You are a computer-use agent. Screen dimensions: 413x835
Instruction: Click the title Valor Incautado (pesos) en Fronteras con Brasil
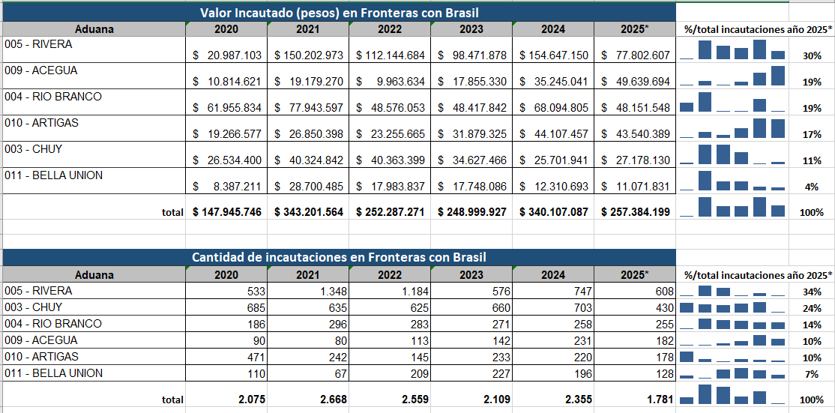pyautogui.click(x=339, y=13)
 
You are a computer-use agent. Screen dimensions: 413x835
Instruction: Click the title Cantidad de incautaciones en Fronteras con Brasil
pyautogui.click(x=339, y=257)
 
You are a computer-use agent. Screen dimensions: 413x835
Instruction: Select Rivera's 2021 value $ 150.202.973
pyautogui.click(x=309, y=55)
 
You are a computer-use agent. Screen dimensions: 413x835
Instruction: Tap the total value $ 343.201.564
pyautogui.click(x=309, y=212)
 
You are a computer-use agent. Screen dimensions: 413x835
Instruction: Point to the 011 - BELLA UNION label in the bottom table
pyautogui.click(x=53, y=373)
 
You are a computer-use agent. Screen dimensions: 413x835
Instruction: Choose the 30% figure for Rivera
pyautogui.click(x=812, y=56)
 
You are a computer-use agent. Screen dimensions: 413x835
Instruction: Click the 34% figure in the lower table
pyautogui.click(x=812, y=292)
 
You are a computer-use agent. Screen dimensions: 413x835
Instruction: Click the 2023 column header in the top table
pyautogui.click(x=471, y=29)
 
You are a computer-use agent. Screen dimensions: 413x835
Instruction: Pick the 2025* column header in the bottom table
pyautogui.click(x=635, y=275)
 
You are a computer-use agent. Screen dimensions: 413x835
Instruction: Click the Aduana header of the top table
pyautogui.click(x=94, y=29)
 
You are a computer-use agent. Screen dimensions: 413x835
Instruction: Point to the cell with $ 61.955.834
pyautogui.click(x=227, y=108)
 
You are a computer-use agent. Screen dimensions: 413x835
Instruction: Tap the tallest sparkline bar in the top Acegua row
pyautogui.click(x=777, y=76)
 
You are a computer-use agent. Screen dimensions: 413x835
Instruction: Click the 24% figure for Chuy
pyautogui.click(x=812, y=308)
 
